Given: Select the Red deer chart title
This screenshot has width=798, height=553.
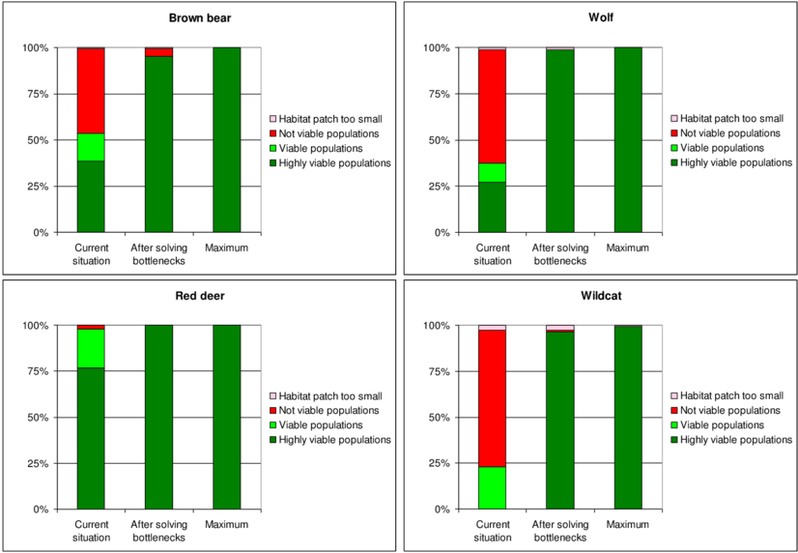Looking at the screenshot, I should click(x=199, y=296).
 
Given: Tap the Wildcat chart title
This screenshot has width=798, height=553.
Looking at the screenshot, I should click(x=599, y=296).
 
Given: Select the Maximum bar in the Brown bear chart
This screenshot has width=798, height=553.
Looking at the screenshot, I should click(x=226, y=139).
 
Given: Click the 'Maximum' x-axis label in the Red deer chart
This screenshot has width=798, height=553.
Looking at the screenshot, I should click(x=226, y=525).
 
